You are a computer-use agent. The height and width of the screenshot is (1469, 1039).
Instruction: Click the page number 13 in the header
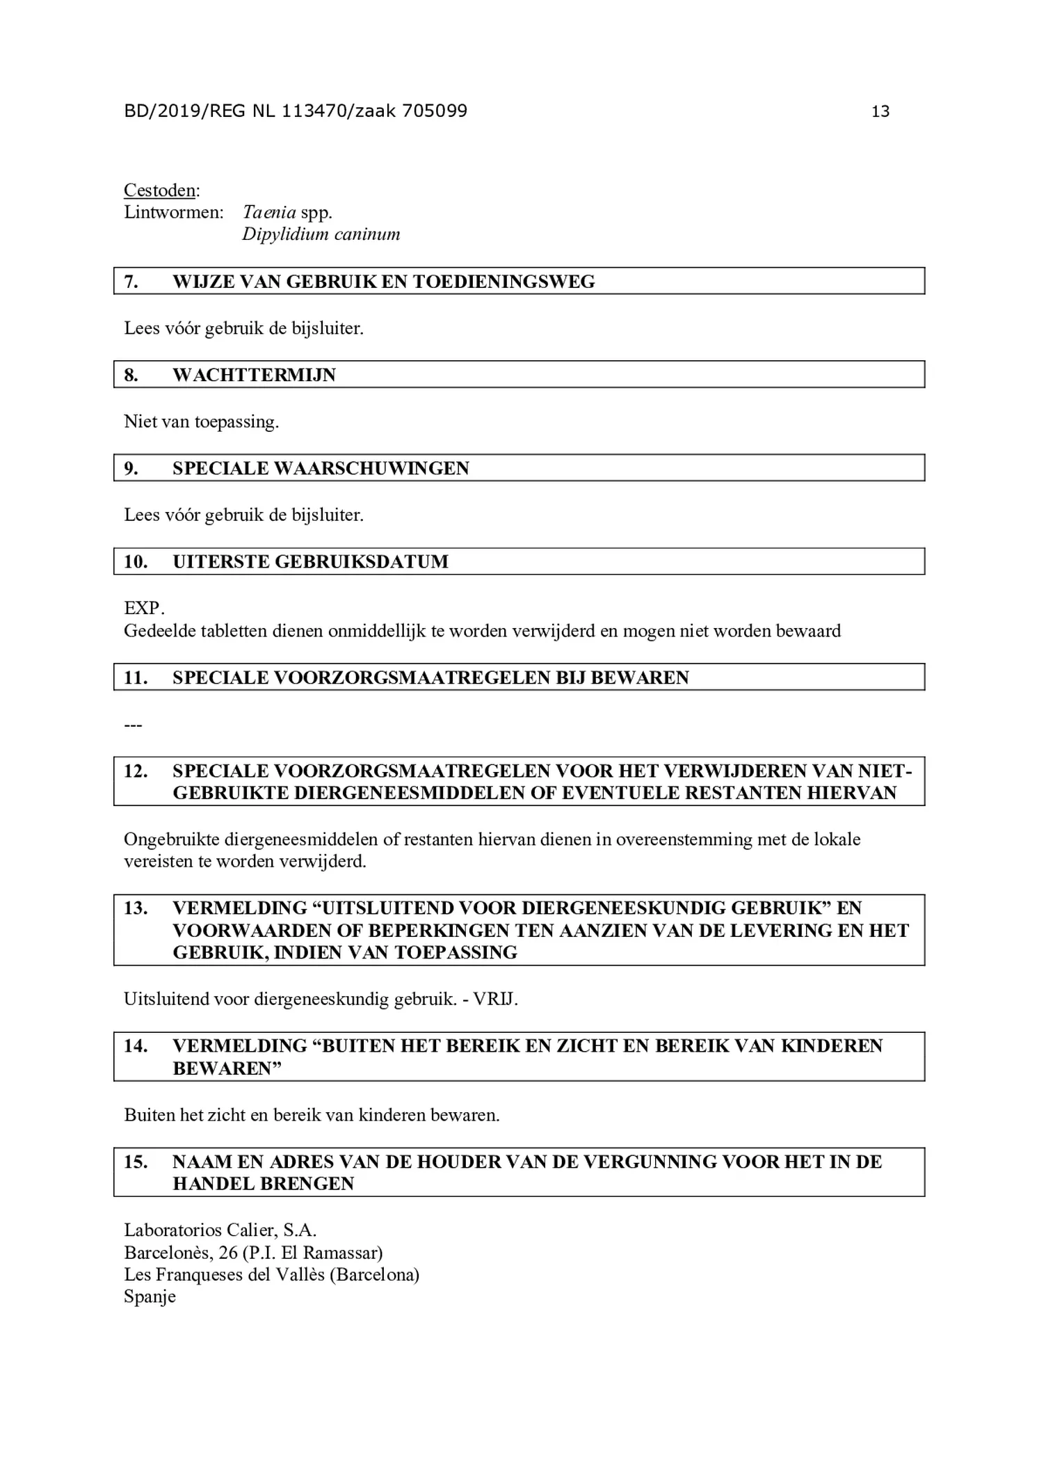tap(880, 111)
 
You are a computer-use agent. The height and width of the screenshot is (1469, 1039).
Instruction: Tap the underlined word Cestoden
tap(160, 191)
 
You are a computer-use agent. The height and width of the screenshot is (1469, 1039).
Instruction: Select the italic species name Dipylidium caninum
tap(321, 234)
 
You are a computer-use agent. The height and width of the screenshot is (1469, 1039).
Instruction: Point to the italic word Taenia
tap(269, 212)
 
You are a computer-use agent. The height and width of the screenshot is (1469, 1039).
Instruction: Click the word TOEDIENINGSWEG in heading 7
tap(504, 282)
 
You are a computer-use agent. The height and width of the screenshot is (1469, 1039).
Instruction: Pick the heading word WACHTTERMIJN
tap(254, 375)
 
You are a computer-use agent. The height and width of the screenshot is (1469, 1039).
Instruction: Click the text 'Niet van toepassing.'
tap(201, 422)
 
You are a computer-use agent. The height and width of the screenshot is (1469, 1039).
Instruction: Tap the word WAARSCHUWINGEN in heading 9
tap(372, 468)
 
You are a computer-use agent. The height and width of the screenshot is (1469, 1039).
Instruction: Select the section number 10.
tap(136, 561)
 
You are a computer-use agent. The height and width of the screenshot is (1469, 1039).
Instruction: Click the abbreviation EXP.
tap(144, 608)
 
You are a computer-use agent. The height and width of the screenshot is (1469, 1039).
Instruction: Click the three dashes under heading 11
tap(133, 725)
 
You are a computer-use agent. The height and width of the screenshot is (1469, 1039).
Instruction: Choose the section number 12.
tap(136, 771)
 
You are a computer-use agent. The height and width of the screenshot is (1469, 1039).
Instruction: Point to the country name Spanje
tap(150, 1297)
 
